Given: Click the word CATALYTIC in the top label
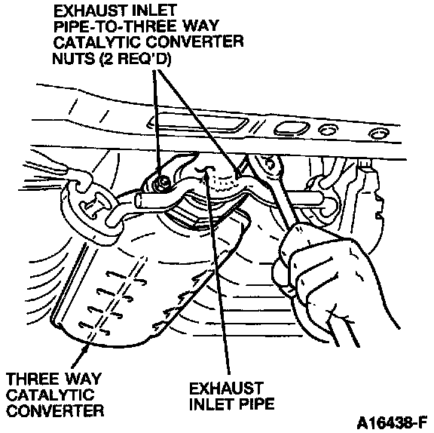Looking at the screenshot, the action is [x=97, y=42].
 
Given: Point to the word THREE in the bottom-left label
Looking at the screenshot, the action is [x=32, y=379].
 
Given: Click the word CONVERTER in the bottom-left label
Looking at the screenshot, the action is [x=55, y=411].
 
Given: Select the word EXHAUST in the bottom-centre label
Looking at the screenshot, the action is [x=226, y=388].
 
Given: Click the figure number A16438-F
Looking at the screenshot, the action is [x=392, y=423].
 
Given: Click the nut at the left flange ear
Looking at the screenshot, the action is [x=161, y=182].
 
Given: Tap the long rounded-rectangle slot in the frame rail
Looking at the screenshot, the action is [x=198, y=123].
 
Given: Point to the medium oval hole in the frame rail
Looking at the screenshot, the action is [x=292, y=129].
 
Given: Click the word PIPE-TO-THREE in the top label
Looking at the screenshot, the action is [x=116, y=27].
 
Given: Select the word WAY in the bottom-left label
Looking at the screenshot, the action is [x=82, y=379].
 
